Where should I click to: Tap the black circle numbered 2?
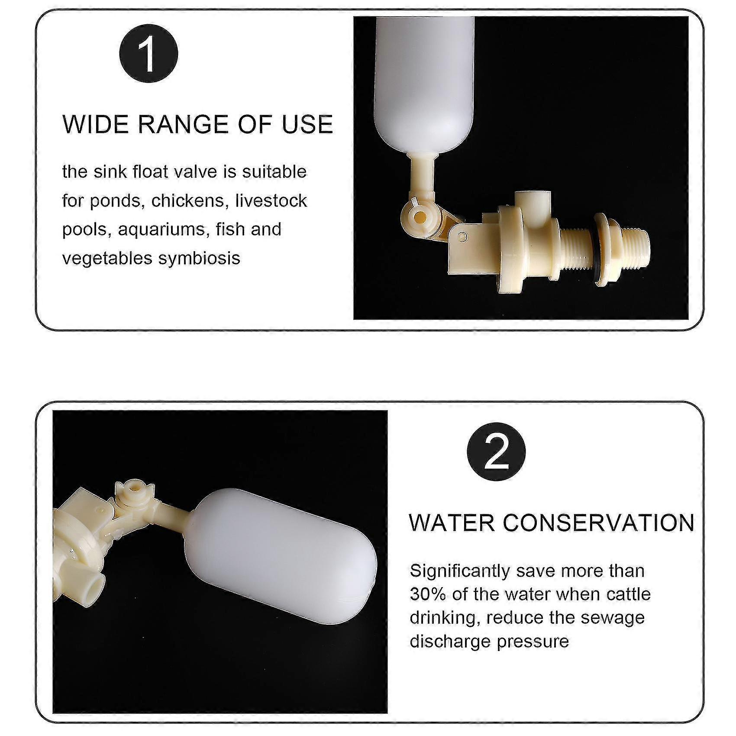coord(496,451)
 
